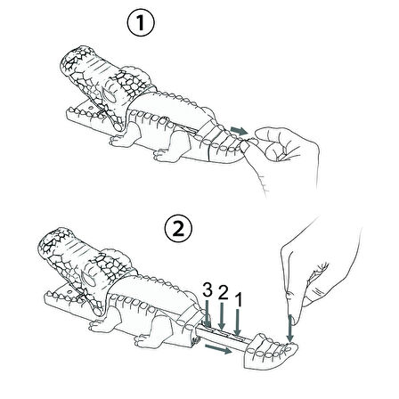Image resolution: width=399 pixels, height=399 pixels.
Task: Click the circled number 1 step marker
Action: [x=141, y=23]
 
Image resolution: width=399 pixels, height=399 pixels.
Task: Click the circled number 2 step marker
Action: [x=178, y=229]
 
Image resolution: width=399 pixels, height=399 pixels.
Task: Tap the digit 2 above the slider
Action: [x=223, y=293]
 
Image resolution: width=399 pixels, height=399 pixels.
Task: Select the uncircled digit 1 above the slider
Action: [x=238, y=300]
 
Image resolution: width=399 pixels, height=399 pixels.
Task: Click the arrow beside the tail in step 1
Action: [x=240, y=130]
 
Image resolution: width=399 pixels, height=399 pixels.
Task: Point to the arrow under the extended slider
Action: [x=218, y=349]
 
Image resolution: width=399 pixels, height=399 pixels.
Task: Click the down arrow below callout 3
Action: [x=207, y=313]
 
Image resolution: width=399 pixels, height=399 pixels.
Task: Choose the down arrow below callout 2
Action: [x=222, y=315]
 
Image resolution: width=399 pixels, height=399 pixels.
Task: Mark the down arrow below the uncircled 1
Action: [x=237, y=322]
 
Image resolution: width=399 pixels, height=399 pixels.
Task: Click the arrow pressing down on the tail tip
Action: [x=290, y=329]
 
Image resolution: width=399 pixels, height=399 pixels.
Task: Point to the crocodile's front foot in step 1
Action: [x=125, y=137]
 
